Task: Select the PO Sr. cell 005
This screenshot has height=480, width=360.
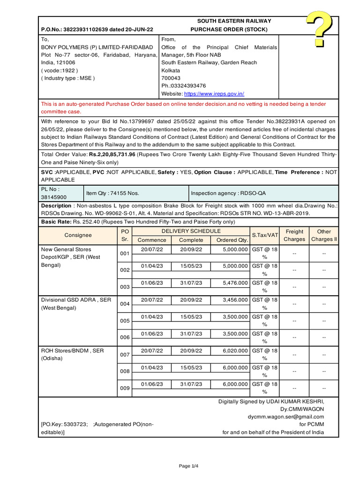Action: (125, 321)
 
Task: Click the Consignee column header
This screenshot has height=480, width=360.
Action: (78, 235)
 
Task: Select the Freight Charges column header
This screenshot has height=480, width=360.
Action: (294, 235)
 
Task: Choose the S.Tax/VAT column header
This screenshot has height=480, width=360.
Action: (265, 235)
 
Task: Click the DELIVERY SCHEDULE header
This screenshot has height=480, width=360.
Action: (191, 232)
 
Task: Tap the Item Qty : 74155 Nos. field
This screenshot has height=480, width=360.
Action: (112, 193)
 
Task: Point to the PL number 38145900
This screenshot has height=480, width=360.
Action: (54, 197)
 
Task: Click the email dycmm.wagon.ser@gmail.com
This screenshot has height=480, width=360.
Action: (286, 417)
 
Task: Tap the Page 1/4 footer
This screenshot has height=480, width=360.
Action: (189, 466)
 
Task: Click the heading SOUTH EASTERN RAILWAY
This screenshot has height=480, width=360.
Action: (234, 21)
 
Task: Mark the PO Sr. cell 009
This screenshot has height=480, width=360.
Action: (125, 389)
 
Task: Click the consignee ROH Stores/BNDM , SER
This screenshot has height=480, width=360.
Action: (72, 351)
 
